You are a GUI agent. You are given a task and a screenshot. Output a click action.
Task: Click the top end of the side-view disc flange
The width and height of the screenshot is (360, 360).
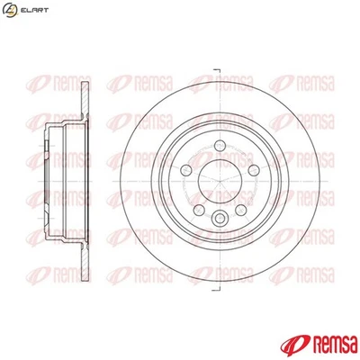tap(85, 85)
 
